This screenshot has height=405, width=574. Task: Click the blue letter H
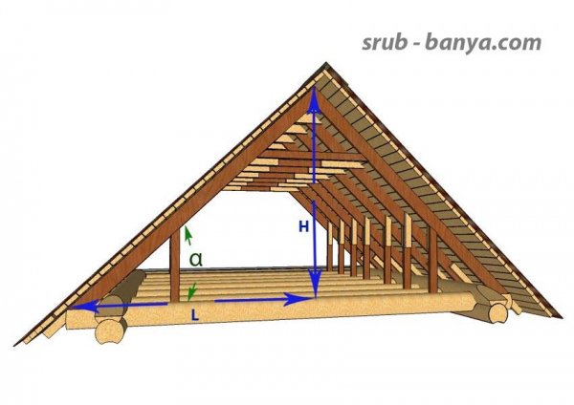(x=303, y=227)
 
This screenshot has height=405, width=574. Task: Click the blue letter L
(x=195, y=315)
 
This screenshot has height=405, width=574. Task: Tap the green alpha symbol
(x=196, y=259)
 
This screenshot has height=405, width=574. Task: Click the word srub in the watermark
(x=386, y=42)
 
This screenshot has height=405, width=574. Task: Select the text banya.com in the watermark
(x=483, y=43)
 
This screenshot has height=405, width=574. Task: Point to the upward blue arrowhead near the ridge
(x=314, y=100)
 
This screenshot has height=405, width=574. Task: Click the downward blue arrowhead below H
(x=315, y=284)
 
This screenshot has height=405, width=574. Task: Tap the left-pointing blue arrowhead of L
(x=85, y=306)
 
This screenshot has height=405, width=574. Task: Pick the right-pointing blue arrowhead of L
(x=298, y=299)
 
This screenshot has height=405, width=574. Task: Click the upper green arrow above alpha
(x=188, y=236)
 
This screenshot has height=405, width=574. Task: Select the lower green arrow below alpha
(x=192, y=291)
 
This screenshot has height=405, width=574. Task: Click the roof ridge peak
(x=325, y=63)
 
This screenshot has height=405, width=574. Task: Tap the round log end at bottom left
(x=109, y=331)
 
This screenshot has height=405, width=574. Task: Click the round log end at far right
(x=497, y=313)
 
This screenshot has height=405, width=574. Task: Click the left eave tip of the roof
(x=15, y=344)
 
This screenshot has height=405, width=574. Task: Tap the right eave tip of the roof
(x=560, y=316)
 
